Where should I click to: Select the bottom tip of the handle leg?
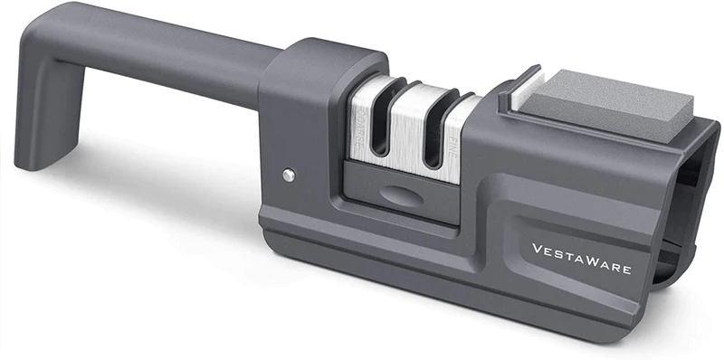(x=32, y=164)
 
